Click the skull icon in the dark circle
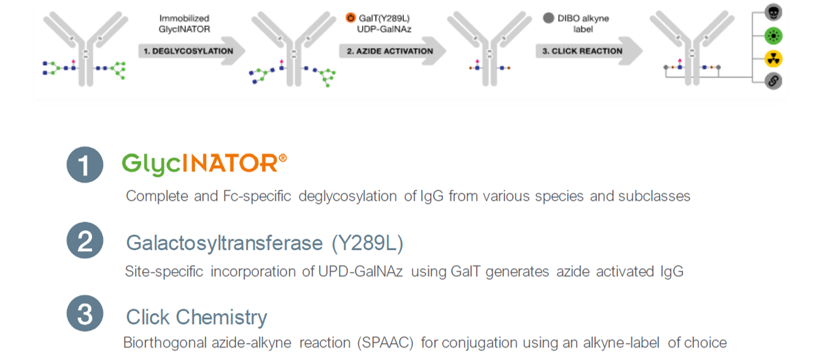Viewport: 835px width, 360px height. pyautogui.click(x=773, y=12)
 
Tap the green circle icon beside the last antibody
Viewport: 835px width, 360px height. pyautogui.click(x=773, y=36)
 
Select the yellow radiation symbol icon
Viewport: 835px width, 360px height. pyautogui.click(x=773, y=59)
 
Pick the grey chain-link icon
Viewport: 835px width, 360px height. pyautogui.click(x=773, y=81)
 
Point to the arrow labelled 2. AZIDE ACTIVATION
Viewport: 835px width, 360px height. pyautogui.click(x=392, y=51)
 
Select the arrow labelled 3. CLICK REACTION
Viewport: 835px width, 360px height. pyautogui.click(x=589, y=51)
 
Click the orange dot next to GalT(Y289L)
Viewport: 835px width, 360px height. pyautogui.click(x=350, y=18)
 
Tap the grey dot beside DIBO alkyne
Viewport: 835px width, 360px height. pyautogui.click(x=549, y=18)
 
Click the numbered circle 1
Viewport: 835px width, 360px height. pyautogui.click(x=85, y=165)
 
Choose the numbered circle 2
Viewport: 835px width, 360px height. pyautogui.click(x=85, y=241)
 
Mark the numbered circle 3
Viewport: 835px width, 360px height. pyautogui.click(x=85, y=314)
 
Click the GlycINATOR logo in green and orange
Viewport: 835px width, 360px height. pyautogui.click(x=204, y=164)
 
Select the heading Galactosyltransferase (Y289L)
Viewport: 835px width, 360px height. pyautogui.click(x=265, y=243)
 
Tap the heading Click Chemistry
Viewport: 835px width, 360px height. pyautogui.click(x=196, y=318)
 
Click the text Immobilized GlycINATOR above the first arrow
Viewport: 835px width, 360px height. pyautogui.click(x=184, y=23)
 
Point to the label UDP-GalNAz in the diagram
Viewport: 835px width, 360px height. pyautogui.click(x=384, y=29)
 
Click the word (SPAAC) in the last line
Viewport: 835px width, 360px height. pyautogui.click(x=386, y=343)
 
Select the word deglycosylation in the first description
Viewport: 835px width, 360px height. pyautogui.click(x=348, y=196)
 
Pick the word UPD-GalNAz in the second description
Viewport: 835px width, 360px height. pyautogui.click(x=361, y=271)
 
